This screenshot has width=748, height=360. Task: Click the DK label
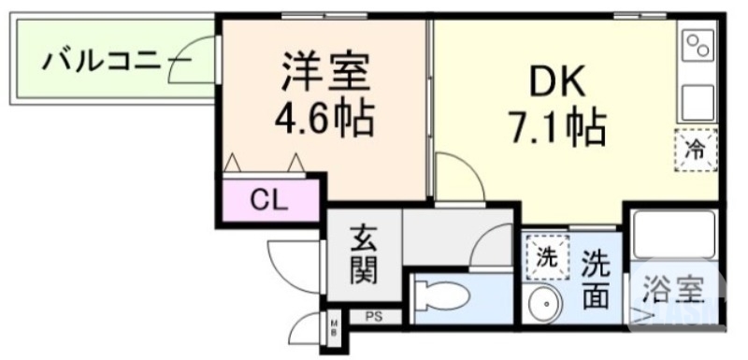point(557,83)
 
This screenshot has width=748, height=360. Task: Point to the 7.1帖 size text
point(557,124)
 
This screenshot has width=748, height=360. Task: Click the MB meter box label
point(335,327)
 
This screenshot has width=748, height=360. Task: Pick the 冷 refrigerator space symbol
point(696,149)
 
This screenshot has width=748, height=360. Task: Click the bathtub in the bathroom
point(673,234)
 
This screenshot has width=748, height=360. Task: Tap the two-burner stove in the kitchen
point(698,45)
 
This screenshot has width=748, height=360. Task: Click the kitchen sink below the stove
point(698,99)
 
